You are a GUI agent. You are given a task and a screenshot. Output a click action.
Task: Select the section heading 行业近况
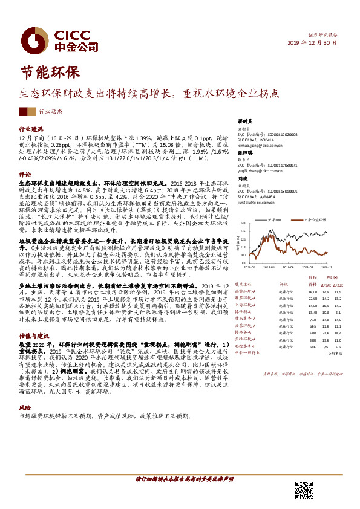(31, 129)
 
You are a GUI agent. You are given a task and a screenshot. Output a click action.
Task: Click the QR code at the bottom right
(304, 490)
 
